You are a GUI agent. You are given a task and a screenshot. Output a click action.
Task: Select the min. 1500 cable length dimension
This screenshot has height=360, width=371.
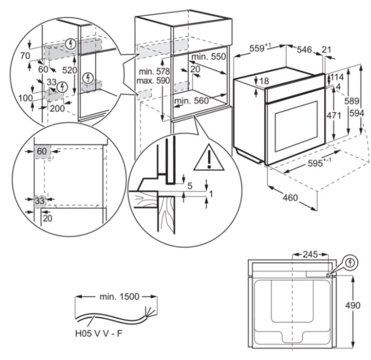click(x=120, y=296)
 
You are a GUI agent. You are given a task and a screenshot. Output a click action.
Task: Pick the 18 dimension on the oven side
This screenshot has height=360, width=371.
click(x=264, y=81)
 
